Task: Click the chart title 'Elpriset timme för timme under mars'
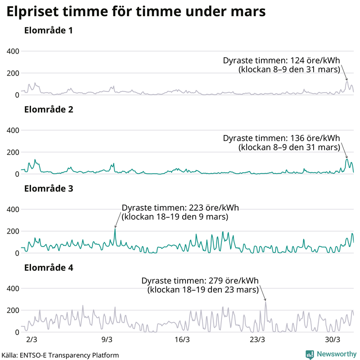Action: [135, 13]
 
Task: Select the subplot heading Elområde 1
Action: [49, 31]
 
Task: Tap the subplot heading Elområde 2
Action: [49, 110]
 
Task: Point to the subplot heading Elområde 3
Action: [49, 189]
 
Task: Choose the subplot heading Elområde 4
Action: [49, 268]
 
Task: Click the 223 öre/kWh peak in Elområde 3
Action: [115, 229]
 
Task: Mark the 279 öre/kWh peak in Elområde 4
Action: [265, 301]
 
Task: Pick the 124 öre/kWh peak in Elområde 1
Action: [346, 81]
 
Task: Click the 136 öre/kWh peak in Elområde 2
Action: [346, 159]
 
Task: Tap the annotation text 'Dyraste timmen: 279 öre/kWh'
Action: [200, 280]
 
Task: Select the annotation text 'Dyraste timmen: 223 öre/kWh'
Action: [180, 207]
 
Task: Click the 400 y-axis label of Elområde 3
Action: [12, 210]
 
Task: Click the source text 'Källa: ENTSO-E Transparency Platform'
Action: [60, 355]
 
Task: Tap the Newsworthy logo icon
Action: [310, 354]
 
